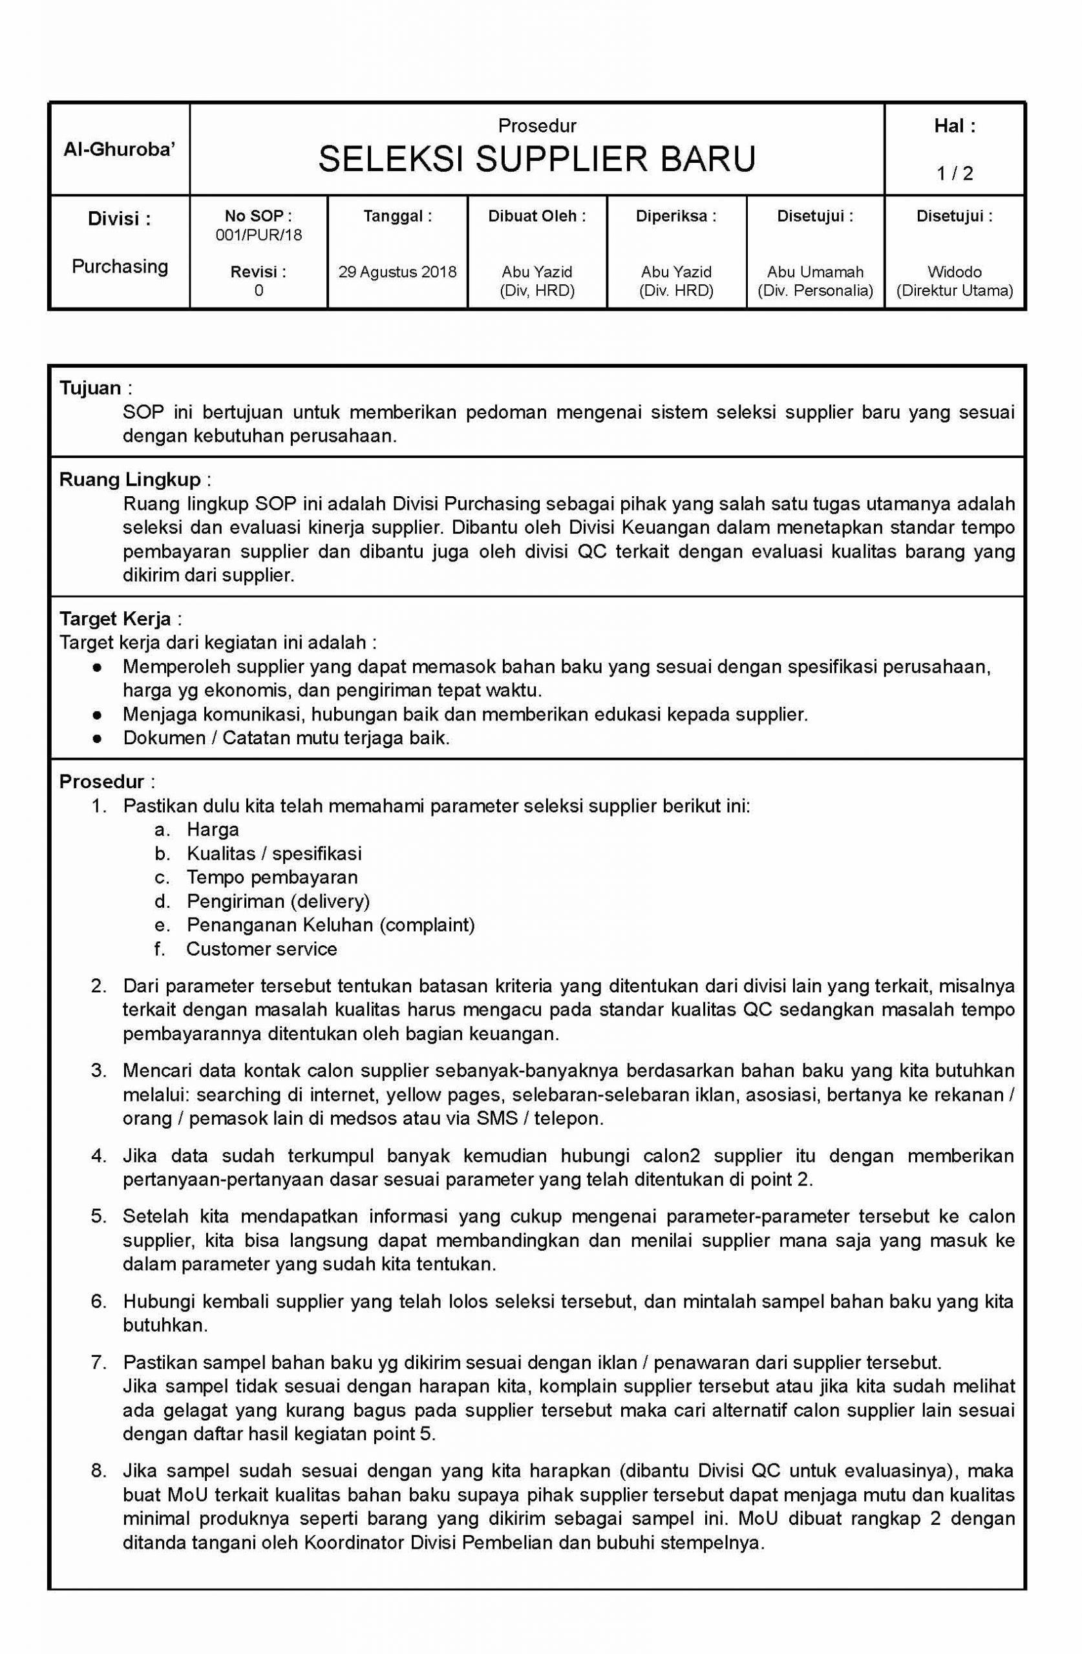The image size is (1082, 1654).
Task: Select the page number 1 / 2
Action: pos(954,173)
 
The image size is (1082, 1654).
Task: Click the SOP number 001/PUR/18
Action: pos(259,235)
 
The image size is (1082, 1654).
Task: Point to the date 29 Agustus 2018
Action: pos(397,272)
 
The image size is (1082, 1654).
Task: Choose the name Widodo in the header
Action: pos(954,272)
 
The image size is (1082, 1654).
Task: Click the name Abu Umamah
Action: pos(815,272)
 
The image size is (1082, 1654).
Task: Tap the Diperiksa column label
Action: pos(676,216)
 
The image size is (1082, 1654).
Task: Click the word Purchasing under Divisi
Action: pos(120,266)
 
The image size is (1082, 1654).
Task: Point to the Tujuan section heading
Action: pos(90,388)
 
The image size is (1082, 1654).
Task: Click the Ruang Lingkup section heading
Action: pos(129,479)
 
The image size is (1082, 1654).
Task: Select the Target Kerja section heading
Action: pos(115,618)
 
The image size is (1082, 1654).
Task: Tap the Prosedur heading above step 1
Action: pos(101,781)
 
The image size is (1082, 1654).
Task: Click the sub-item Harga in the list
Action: pos(213,829)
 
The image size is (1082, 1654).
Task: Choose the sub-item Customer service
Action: pos(262,948)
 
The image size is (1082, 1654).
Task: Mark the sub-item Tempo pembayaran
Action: pos(272,877)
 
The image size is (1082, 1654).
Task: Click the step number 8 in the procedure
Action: pos(98,1471)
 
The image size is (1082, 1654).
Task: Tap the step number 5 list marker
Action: pos(98,1215)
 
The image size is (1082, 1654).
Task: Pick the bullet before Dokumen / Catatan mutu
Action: pos(98,738)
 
